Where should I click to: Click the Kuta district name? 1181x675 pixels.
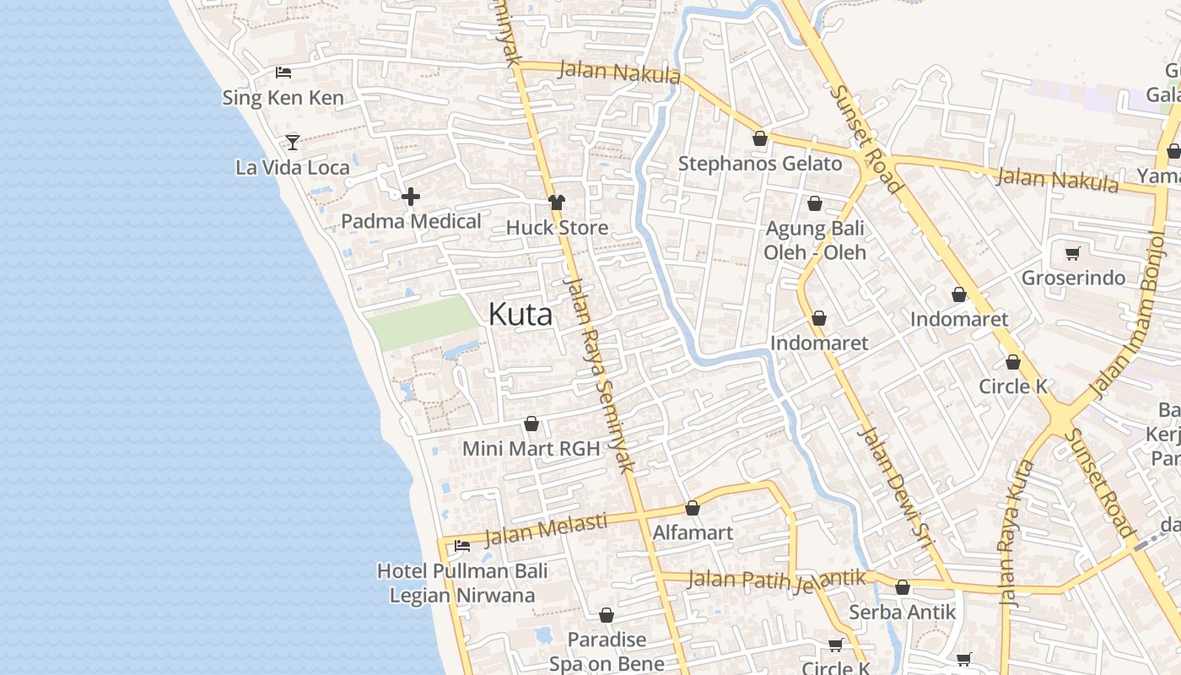520,315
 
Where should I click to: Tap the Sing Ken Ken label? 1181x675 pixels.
283,98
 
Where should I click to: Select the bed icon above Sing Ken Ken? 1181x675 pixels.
283,73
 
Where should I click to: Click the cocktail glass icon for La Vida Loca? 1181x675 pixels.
292,142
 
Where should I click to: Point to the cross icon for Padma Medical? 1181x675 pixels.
411,197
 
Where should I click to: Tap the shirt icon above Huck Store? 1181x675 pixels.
556,202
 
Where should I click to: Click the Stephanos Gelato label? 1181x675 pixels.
760,164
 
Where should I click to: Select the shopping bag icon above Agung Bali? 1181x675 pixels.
815,203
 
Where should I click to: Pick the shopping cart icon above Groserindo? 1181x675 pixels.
1073,253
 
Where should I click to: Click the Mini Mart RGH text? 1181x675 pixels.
531,449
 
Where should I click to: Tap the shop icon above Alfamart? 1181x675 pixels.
693,508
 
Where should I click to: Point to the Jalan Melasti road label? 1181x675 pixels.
546,529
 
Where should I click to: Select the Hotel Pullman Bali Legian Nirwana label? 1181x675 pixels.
462,583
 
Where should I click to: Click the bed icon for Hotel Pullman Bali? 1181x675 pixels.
462,546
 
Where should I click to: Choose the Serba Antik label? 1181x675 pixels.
902,612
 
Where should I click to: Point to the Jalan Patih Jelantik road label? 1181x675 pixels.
777,580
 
